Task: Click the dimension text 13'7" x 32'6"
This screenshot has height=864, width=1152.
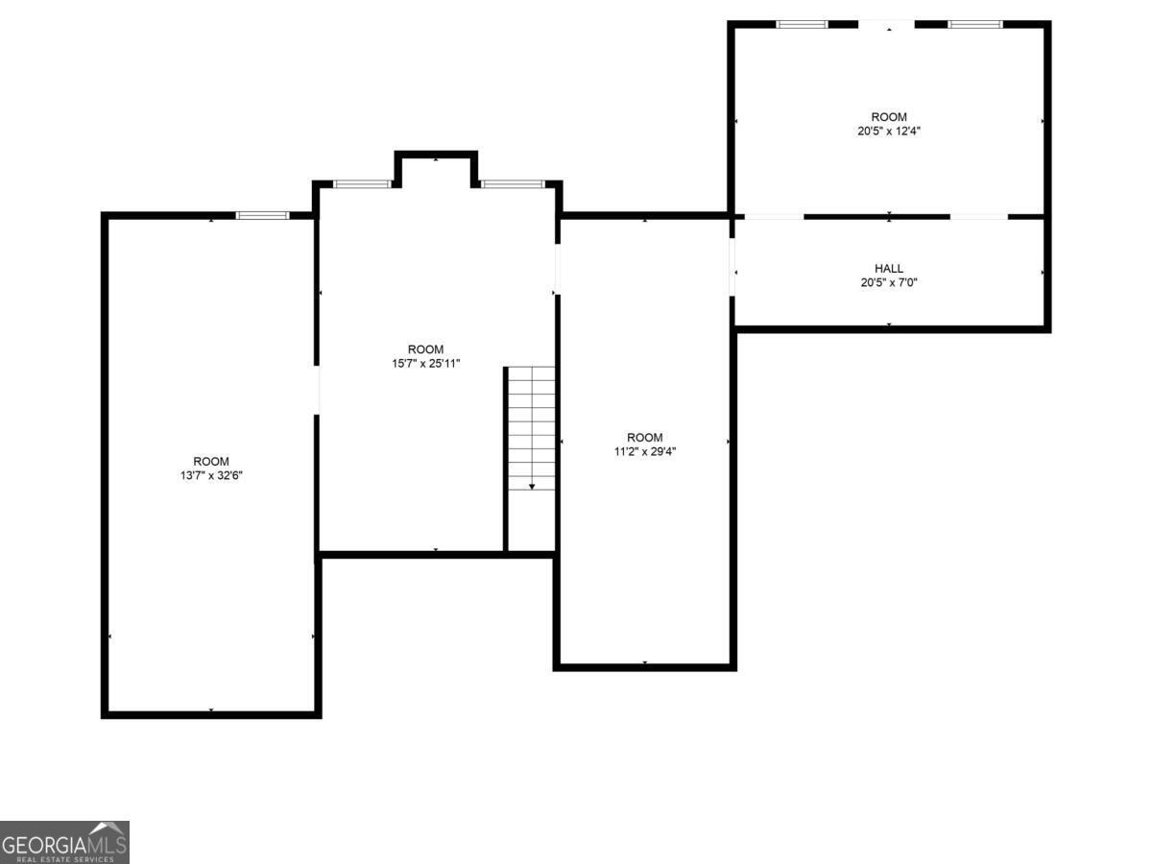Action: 211,476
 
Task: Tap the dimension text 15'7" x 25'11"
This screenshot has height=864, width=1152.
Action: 425,364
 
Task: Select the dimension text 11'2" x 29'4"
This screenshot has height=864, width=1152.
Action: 645,451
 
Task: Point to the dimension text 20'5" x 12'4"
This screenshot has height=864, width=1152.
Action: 889,132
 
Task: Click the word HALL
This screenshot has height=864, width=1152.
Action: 889,269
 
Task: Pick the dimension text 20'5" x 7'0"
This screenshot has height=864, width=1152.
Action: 889,283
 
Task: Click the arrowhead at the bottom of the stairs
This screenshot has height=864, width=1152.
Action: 532,487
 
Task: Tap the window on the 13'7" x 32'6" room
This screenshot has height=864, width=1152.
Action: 262,215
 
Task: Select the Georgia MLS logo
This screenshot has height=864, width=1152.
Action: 64,842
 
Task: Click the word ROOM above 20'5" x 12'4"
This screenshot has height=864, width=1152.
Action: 889,117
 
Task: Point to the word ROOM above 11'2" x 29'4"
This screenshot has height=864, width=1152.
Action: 645,438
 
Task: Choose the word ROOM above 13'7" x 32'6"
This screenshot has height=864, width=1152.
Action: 211,462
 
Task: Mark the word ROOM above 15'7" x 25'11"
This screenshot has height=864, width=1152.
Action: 425,349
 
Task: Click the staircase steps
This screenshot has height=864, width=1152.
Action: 532,428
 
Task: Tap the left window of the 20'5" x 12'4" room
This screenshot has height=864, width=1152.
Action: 802,24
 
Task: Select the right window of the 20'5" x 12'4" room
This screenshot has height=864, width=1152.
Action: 974,24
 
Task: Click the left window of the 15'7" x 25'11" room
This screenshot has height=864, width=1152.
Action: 362,184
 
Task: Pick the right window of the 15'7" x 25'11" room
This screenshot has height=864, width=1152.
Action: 513,184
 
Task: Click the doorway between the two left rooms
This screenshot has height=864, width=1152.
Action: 317,390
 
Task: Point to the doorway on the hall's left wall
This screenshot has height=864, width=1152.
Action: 732,267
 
